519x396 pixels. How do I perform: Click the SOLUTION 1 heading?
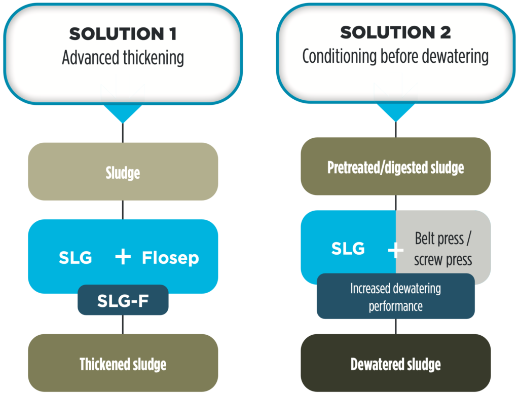123,34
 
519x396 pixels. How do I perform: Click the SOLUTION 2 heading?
395,32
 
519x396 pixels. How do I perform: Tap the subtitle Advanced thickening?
123,58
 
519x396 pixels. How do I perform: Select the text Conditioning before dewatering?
395,56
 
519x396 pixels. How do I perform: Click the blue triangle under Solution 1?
123,113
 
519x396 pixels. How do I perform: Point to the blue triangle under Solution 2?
395,112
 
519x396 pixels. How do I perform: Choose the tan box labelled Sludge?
123,171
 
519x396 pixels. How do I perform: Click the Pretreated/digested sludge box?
395,166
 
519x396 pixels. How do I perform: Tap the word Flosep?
170,258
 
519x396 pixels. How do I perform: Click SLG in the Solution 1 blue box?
75,258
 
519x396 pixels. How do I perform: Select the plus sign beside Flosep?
123,257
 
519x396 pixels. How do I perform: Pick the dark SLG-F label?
123,300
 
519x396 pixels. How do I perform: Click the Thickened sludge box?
123,363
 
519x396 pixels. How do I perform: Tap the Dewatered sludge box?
395,363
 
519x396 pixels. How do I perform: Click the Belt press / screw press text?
443,249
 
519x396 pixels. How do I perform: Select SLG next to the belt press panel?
348,249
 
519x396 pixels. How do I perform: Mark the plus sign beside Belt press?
395,250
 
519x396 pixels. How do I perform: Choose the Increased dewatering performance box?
395,296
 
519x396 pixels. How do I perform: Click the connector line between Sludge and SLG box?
123,210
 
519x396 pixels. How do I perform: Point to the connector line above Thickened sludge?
123,325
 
